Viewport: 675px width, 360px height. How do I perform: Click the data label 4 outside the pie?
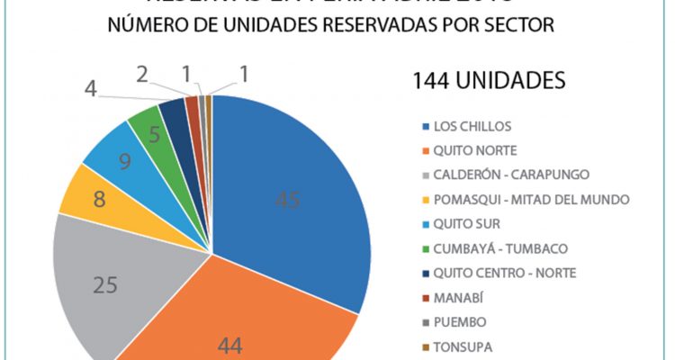coord(91,90)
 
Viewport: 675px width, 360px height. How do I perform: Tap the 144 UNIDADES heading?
coord(489,79)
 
